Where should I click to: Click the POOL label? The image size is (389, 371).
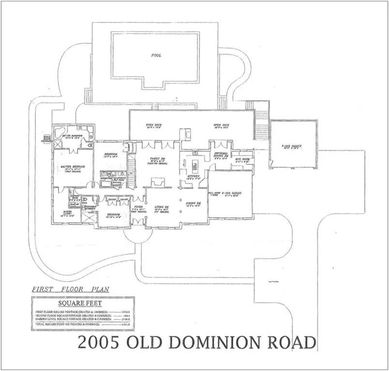click(156, 56)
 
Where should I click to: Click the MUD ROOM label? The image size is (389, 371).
click(241, 159)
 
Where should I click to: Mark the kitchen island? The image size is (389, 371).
click(195, 165)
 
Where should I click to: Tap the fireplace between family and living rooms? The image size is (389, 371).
click(158, 183)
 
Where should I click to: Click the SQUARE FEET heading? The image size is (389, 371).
click(73, 304)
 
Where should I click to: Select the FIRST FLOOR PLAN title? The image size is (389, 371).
click(71, 289)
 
